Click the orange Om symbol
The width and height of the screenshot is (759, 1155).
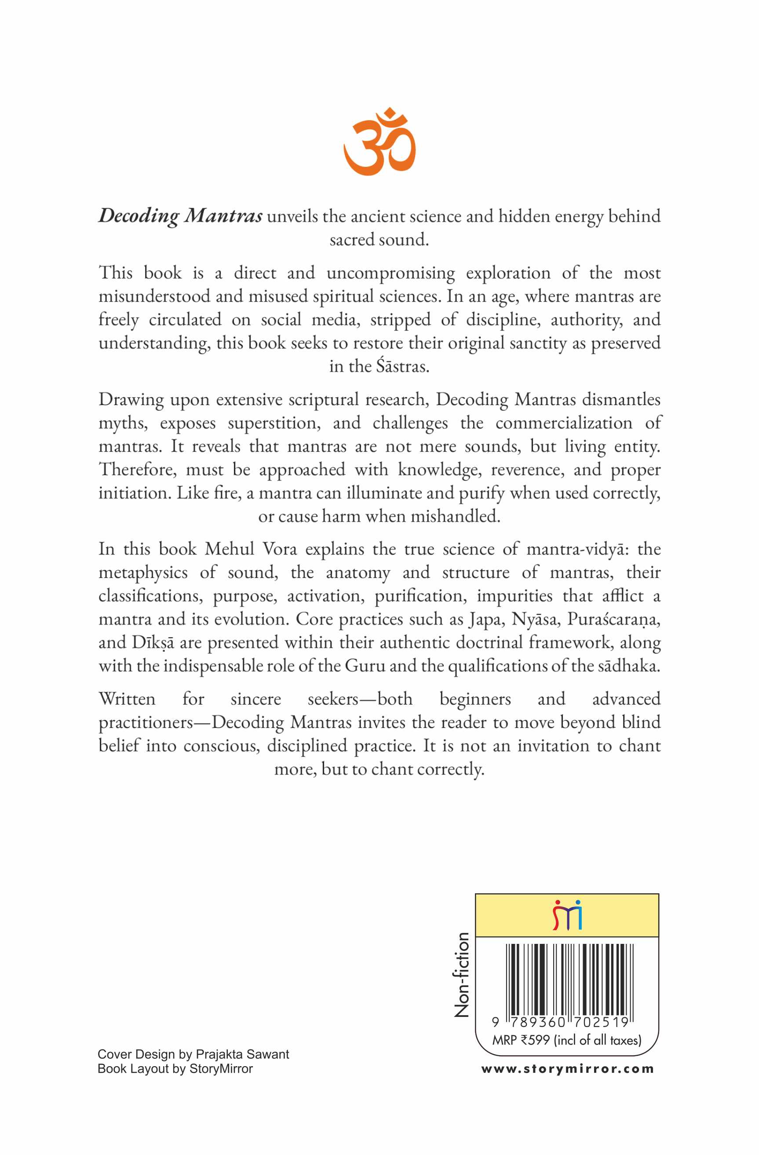[x=379, y=142]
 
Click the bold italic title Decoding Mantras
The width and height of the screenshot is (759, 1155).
[x=181, y=216]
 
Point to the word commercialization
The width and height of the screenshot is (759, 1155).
[x=564, y=423]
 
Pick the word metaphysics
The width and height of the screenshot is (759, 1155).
[x=142, y=573]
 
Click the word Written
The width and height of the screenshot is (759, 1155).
[x=127, y=699]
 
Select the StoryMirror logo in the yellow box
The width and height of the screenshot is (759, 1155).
[x=567, y=915]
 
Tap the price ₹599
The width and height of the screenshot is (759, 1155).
[x=535, y=1040]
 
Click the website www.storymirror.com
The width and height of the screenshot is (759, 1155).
[x=567, y=1069]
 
